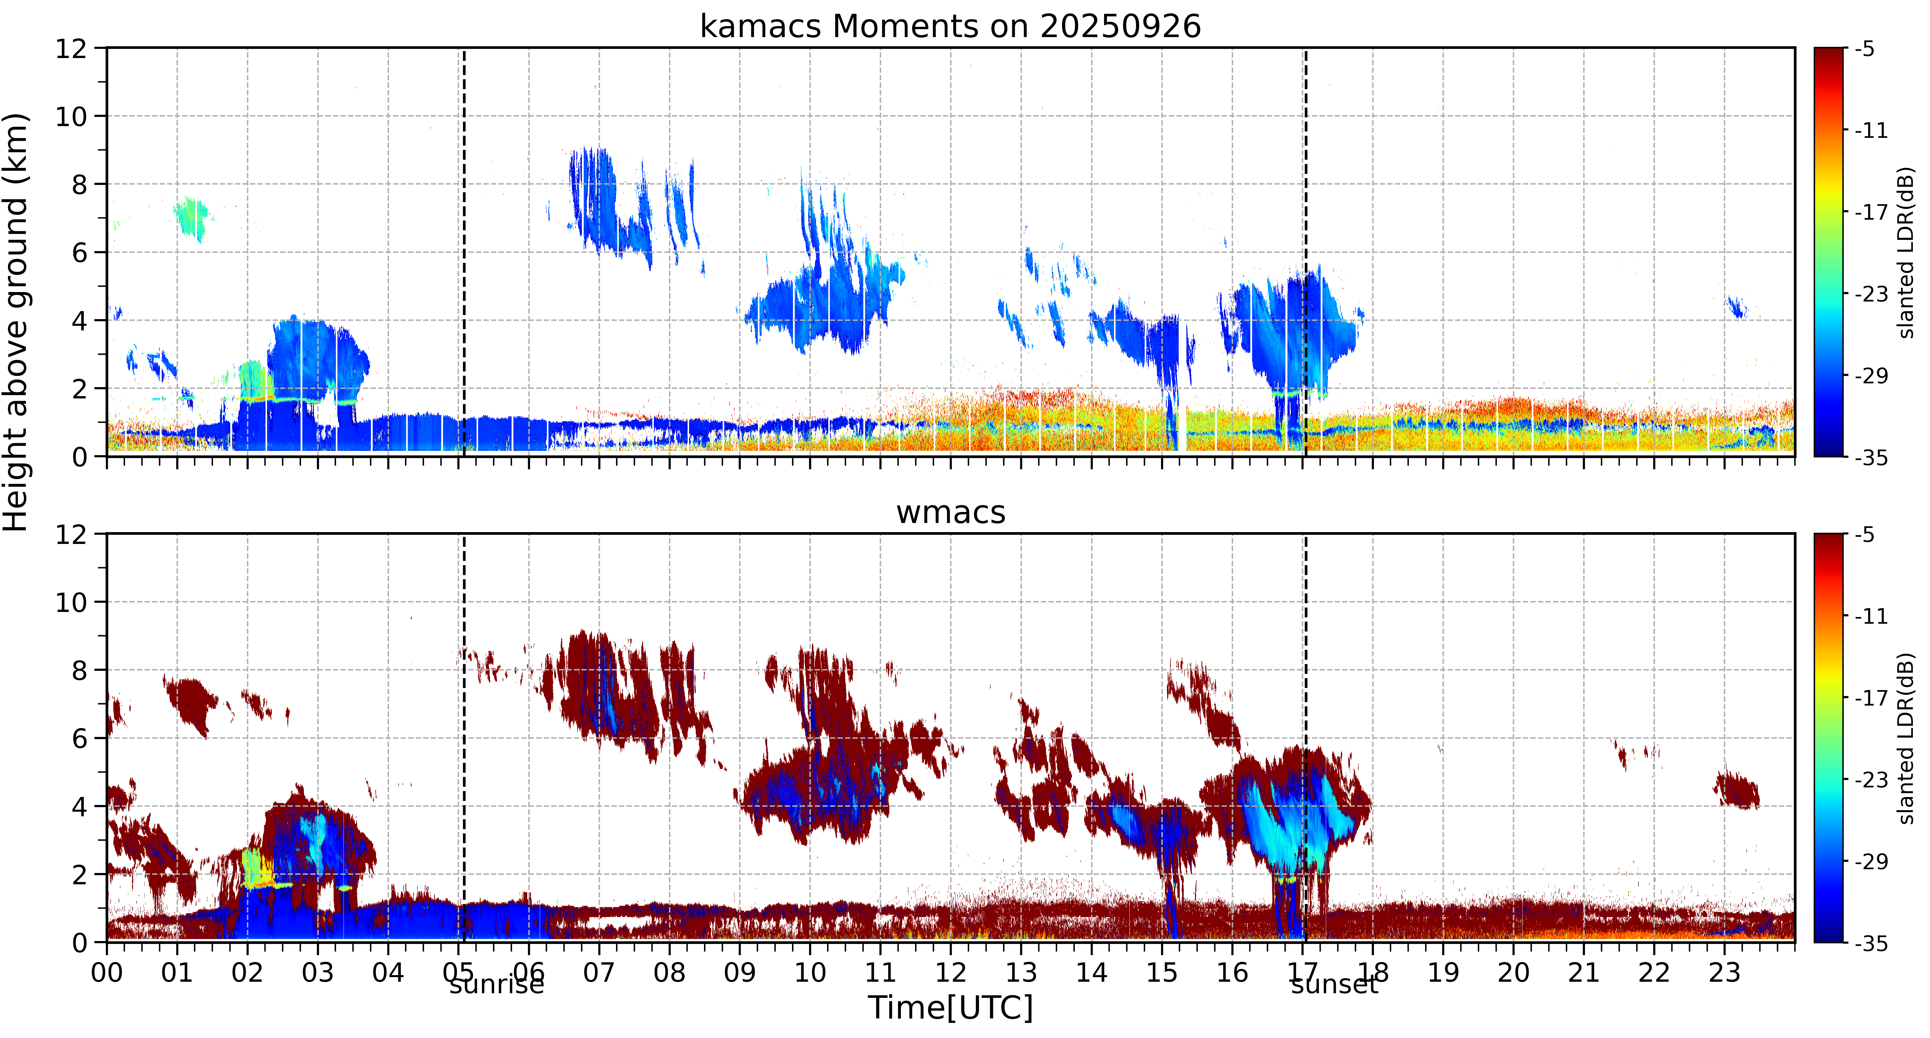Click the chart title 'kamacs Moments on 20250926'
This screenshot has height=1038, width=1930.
pos(950,26)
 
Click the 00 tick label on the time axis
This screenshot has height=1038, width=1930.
pos(107,973)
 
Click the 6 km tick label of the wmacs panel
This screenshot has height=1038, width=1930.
pos(79,739)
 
